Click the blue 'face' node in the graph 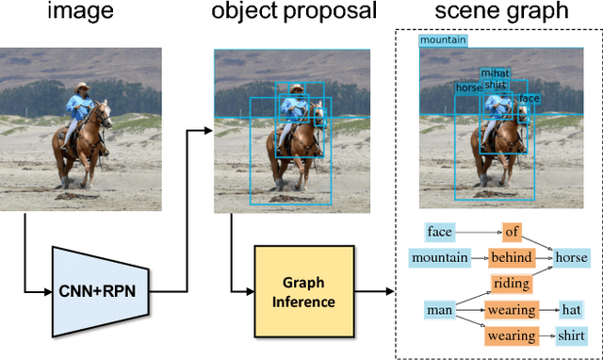(439, 232)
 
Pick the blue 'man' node (439, 309)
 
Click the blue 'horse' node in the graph (570, 257)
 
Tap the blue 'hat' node (571, 309)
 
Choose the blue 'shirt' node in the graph (571, 335)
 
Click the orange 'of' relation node (512, 232)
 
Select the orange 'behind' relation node (512, 257)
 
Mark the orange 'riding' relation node (512, 283)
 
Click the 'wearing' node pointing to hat (512, 309)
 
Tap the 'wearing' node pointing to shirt (512, 335)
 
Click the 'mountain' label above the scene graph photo (443, 41)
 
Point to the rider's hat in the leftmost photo (83, 85)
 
